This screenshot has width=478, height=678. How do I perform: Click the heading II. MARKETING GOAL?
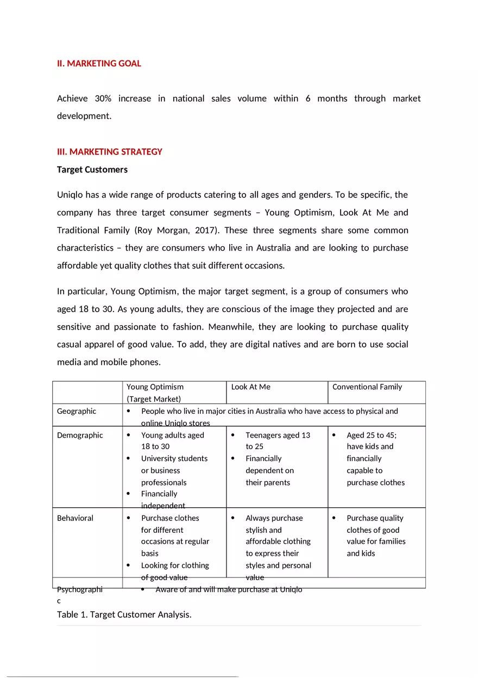point(99,64)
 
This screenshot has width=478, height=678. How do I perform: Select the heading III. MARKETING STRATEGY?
point(109,152)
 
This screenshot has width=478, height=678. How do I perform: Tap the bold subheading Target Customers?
point(92,170)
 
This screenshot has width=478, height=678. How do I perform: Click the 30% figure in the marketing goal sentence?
point(103,98)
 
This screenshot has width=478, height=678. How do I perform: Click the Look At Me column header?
point(250,387)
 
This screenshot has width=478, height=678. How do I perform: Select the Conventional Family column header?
point(367,387)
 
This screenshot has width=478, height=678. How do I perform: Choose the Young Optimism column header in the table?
point(155,387)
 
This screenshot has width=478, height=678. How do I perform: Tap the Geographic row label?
point(77,411)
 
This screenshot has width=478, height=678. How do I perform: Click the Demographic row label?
point(80,435)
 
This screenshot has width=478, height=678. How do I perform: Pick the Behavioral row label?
point(75,518)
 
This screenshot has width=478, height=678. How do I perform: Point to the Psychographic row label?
point(79,589)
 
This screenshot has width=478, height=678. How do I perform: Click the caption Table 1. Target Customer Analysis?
point(124,615)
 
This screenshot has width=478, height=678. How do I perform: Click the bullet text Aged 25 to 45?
point(372,435)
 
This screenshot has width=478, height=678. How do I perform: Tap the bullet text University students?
point(174,458)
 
